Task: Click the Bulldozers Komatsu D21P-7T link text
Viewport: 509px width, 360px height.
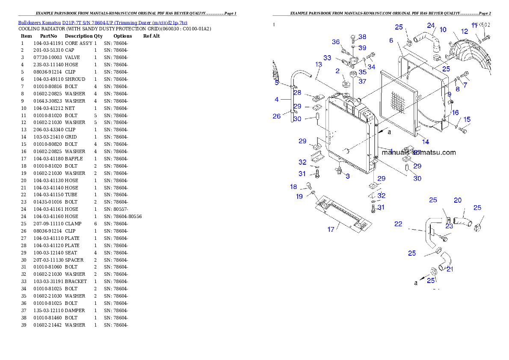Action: [103, 23]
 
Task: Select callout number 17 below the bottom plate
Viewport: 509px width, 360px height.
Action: [331, 230]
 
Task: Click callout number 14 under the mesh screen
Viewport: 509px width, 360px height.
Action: [426, 142]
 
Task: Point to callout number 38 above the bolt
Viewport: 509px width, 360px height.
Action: [362, 37]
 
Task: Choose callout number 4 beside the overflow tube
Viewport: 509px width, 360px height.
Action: [277, 99]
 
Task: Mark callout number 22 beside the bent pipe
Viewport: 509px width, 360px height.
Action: [398, 224]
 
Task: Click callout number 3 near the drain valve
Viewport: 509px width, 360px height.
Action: [347, 176]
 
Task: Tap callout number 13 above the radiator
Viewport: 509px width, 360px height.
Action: [319, 64]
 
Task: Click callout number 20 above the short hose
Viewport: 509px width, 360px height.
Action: [458, 200]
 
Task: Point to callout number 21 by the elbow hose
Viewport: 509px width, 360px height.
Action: [450, 269]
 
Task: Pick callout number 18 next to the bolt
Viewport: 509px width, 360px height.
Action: [293, 186]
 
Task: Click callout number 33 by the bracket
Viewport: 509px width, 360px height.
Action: [327, 57]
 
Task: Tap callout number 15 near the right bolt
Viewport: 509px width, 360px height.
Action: [467, 119]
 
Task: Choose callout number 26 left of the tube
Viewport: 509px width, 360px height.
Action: [277, 116]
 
